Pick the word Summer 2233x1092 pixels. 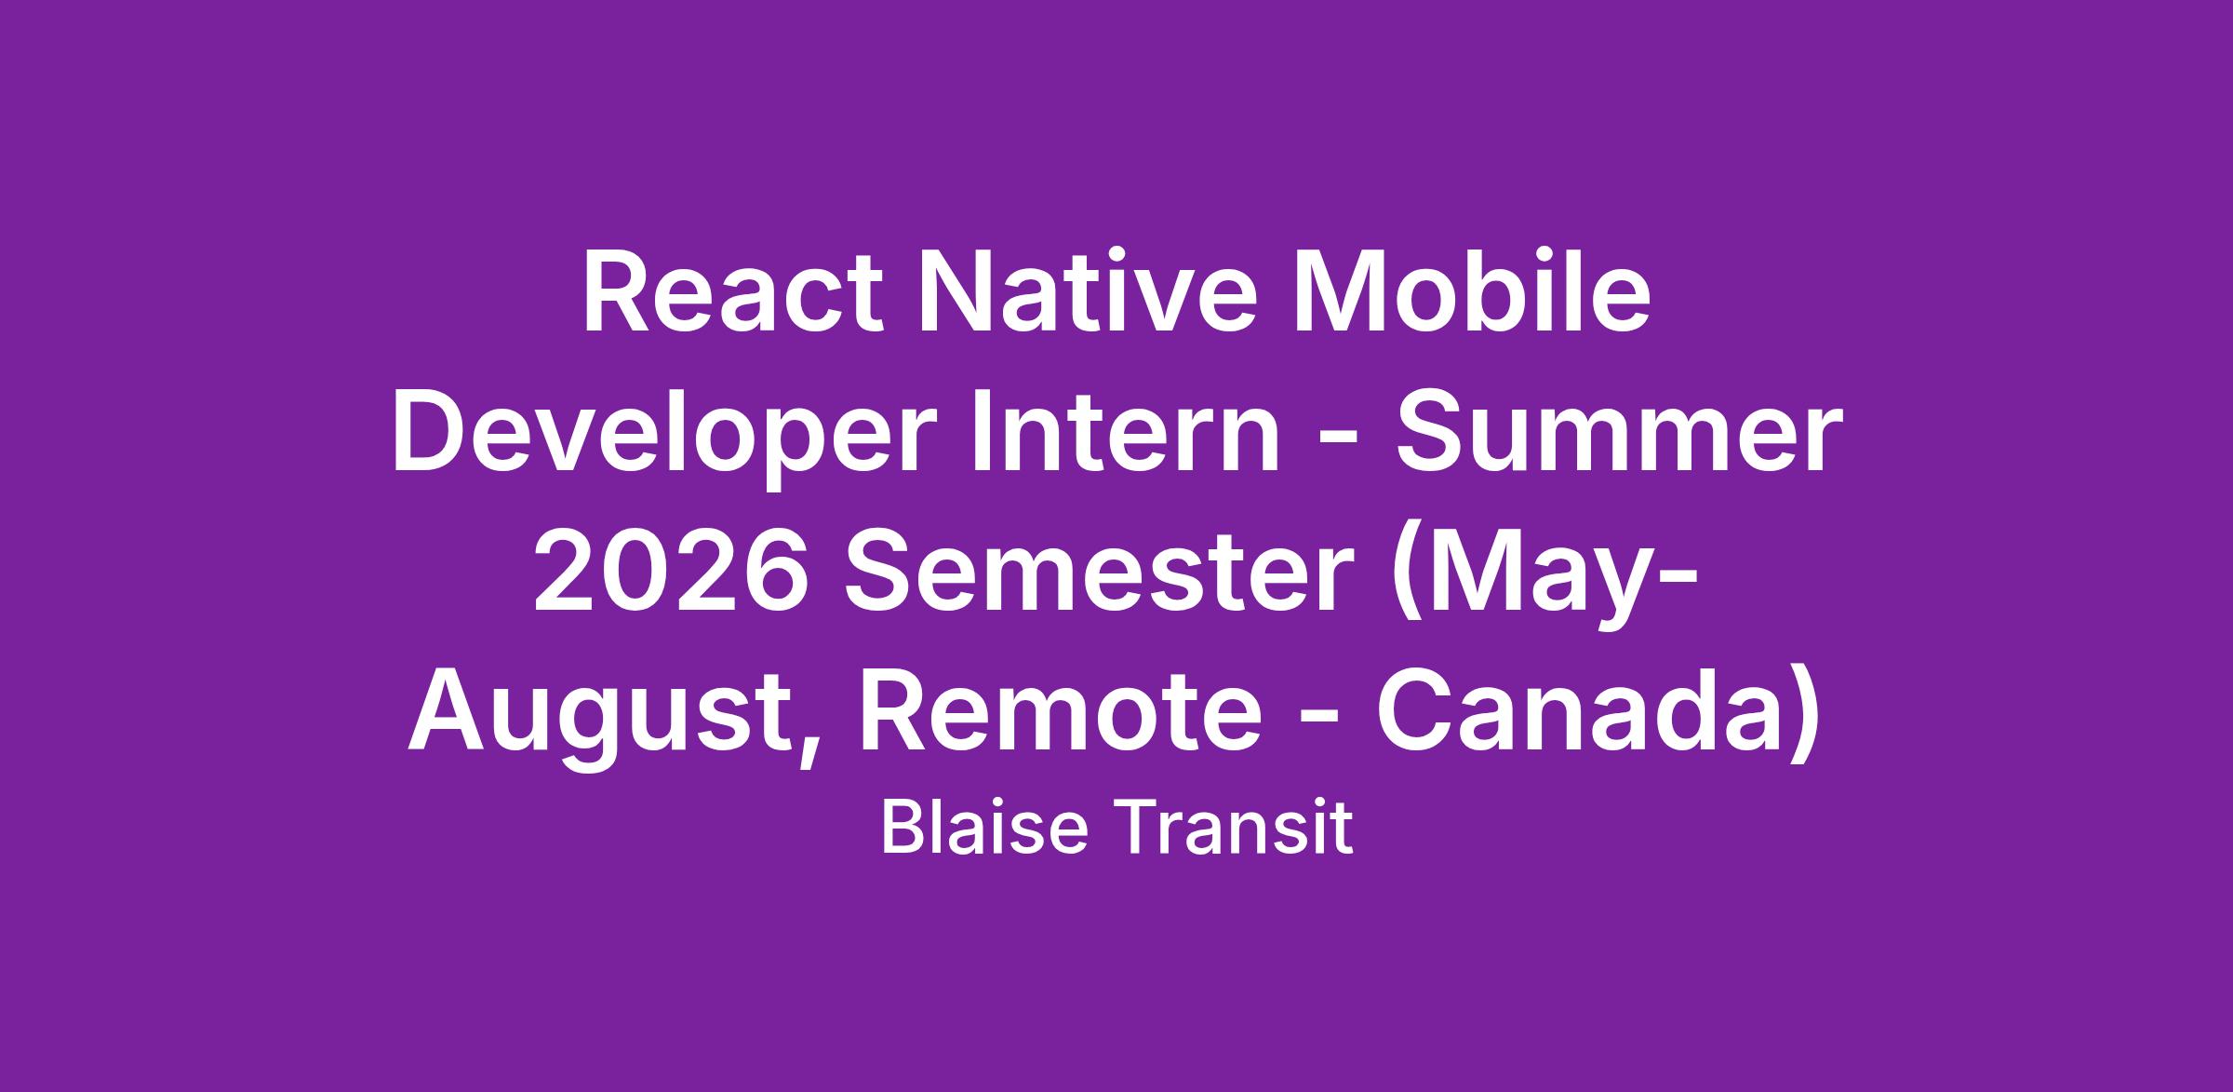coord(1618,435)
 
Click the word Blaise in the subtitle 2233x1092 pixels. coord(984,828)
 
